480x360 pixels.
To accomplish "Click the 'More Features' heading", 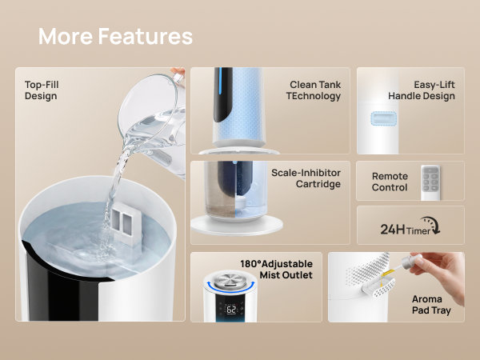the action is pyautogui.click(x=115, y=36).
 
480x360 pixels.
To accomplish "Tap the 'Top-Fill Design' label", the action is pyautogui.click(x=42, y=90).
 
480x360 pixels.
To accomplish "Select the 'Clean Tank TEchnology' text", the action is pyautogui.click(x=314, y=90).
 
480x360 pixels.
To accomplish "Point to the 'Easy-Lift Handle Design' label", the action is pyautogui.click(x=422, y=90).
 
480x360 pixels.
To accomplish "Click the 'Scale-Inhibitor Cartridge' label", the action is pyautogui.click(x=306, y=178).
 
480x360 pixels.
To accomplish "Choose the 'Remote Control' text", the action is pyautogui.click(x=390, y=182).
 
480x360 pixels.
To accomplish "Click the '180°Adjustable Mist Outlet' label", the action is pyautogui.click(x=277, y=270).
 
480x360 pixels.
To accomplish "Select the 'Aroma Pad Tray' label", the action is pyautogui.click(x=431, y=305).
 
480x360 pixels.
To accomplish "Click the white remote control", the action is pyautogui.click(x=430, y=182).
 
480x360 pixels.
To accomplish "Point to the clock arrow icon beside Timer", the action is pyautogui.click(x=431, y=225).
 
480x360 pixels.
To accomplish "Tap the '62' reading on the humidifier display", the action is pyautogui.click(x=231, y=310).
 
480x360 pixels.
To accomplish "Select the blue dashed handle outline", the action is pyautogui.click(x=383, y=118).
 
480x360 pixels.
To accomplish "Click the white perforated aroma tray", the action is pyautogui.click(x=378, y=287).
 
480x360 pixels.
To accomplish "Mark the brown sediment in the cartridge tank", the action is pyautogui.click(x=220, y=203).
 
